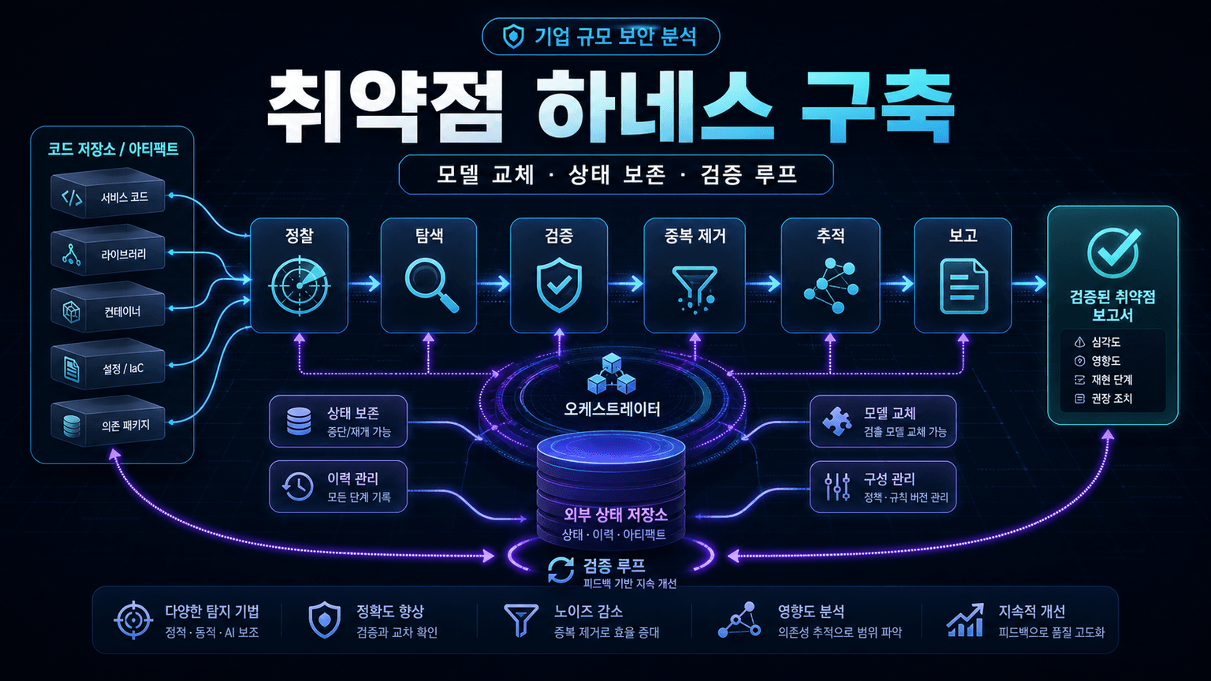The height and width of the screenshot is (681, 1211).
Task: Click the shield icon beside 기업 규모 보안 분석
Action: tap(513, 37)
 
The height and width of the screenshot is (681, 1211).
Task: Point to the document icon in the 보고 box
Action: tap(964, 286)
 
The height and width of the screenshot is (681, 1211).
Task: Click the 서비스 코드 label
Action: tap(125, 197)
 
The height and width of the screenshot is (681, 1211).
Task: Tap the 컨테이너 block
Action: tap(107, 310)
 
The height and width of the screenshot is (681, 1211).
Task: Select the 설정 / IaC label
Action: tap(123, 369)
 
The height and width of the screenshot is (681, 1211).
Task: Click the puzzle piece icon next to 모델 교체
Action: tap(837, 421)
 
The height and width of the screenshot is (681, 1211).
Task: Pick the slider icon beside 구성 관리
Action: tap(837, 486)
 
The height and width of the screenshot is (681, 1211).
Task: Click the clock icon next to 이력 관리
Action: tap(297, 486)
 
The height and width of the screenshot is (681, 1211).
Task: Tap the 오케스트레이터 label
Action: tap(612, 409)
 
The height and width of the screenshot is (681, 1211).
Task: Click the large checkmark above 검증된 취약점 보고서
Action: tap(1114, 252)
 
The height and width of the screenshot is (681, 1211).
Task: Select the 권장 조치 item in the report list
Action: tap(1112, 399)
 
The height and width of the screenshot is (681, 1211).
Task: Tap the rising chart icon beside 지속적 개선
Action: tap(966, 620)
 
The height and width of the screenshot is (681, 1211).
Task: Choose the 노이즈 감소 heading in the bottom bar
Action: tap(588, 612)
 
